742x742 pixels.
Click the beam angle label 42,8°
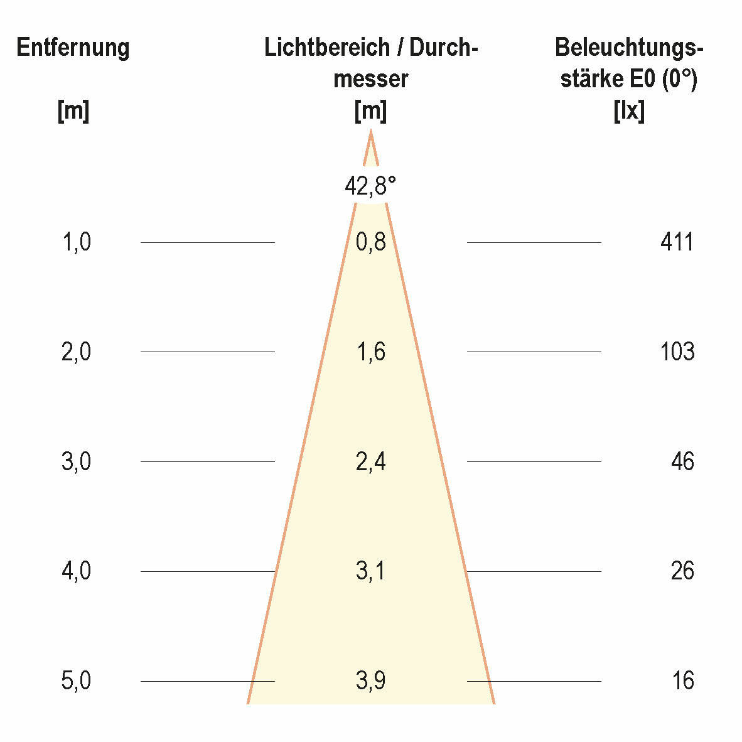pyautogui.click(x=370, y=186)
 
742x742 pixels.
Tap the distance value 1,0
pyautogui.click(x=76, y=242)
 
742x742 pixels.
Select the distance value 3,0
pyautogui.click(x=76, y=461)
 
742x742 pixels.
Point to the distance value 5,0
pyautogui.click(x=76, y=680)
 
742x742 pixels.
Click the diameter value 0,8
pyautogui.click(x=370, y=242)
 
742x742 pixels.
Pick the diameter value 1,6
pyautogui.click(x=370, y=352)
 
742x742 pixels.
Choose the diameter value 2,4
pyautogui.click(x=370, y=461)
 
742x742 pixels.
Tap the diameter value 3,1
pyautogui.click(x=370, y=571)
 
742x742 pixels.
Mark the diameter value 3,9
pyautogui.click(x=370, y=680)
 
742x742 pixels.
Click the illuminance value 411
pyautogui.click(x=677, y=242)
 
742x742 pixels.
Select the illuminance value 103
pyautogui.click(x=677, y=352)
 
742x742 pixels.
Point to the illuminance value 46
pyautogui.click(x=682, y=461)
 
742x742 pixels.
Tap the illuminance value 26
pyautogui.click(x=682, y=571)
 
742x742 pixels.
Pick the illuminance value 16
pyautogui.click(x=682, y=680)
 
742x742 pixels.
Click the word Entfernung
pyautogui.click(x=73, y=48)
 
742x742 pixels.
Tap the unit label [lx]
pyautogui.click(x=628, y=111)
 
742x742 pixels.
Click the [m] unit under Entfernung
pyautogui.click(x=73, y=111)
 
